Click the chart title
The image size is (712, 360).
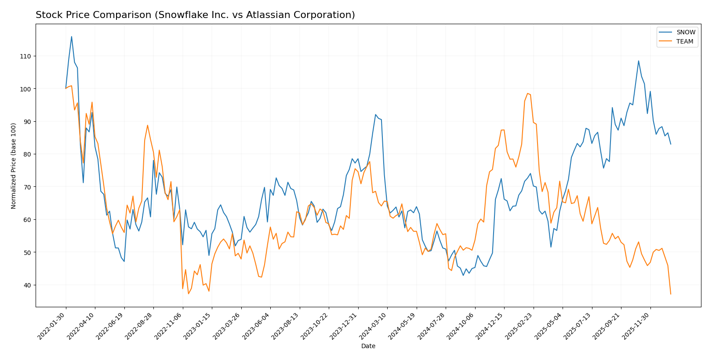click(195, 15)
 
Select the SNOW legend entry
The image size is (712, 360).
click(685, 32)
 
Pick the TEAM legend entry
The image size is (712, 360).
click(684, 42)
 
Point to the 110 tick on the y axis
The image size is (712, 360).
click(25, 56)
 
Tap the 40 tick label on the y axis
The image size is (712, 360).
click(27, 285)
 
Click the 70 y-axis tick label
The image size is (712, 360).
click(27, 187)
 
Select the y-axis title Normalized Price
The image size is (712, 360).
click(14, 166)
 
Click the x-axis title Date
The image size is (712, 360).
click(368, 346)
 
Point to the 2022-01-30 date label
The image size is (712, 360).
click(52, 326)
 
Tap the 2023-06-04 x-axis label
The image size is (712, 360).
click(256, 326)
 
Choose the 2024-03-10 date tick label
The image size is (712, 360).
click(373, 326)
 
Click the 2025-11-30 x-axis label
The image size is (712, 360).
click(636, 326)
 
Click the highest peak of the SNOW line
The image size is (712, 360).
click(72, 36)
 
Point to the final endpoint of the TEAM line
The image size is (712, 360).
click(671, 294)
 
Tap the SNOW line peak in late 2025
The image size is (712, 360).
click(639, 61)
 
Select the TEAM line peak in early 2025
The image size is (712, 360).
click(527, 93)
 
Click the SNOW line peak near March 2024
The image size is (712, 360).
click(376, 114)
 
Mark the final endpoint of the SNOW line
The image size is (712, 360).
click(671, 144)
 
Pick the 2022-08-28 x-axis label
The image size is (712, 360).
click(139, 326)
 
